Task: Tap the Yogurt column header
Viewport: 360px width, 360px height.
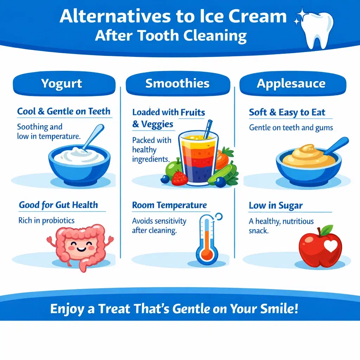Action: [x=62, y=84]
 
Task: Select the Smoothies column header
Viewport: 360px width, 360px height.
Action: [x=178, y=84]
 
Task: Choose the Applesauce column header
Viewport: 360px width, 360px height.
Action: [x=291, y=84]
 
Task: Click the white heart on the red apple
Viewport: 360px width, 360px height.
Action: [x=331, y=246]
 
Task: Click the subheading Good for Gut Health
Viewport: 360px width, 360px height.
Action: [x=58, y=205]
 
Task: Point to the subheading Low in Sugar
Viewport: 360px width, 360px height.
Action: [x=276, y=205]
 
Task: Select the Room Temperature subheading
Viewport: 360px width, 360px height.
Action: [x=169, y=205]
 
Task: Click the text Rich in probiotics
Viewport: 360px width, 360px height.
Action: [x=46, y=220]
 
